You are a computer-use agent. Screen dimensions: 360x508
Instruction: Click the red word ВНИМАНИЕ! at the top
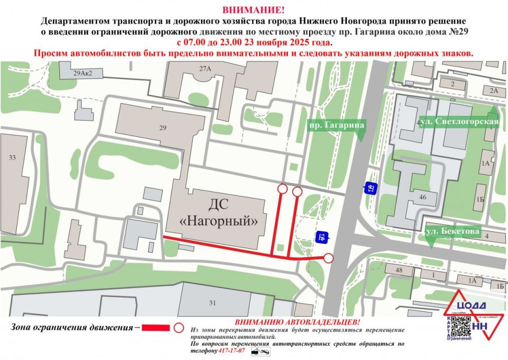pos(253,10)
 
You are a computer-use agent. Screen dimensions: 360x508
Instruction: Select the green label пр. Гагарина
pos(337,125)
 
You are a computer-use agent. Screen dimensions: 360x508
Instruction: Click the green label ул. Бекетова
pos(453,231)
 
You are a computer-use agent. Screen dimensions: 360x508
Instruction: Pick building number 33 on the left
pos(12,157)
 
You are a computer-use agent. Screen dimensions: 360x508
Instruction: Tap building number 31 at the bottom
pos(213,303)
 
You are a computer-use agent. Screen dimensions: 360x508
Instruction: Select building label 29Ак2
pos(79,74)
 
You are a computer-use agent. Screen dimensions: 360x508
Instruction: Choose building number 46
pos(422,197)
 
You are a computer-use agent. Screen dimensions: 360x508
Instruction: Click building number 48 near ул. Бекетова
pos(398,271)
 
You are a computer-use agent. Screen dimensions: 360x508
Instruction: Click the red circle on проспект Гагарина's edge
pos(329,258)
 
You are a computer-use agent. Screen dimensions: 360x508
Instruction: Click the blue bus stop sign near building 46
pos(370,187)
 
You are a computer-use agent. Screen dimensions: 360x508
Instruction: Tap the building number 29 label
pos(162,128)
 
